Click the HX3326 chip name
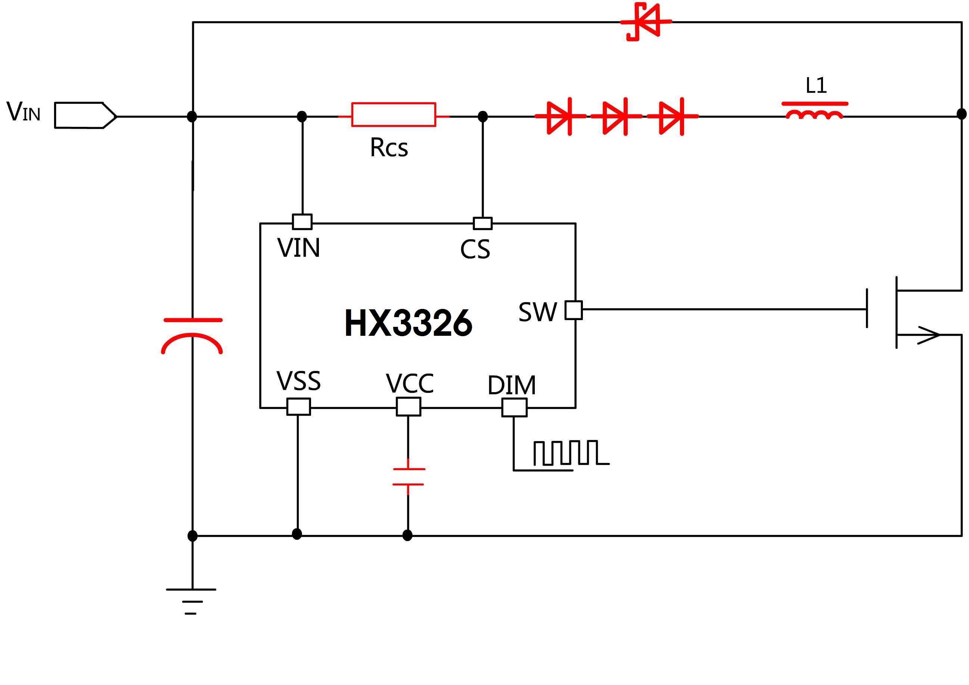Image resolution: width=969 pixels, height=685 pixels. (x=408, y=323)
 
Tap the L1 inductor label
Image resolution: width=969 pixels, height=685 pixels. (x=816, y=86)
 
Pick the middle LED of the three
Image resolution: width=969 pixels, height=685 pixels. (x=616, y=116)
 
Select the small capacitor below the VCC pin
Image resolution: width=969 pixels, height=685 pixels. (x=408, y=477)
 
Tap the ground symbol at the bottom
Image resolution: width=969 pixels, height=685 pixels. (x=191, y=601)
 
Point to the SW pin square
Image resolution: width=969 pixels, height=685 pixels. (x=574, y=310)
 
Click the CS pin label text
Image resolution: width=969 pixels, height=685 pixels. (x=475, y=249)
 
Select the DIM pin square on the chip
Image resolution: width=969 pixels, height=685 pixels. (x=514, y=407)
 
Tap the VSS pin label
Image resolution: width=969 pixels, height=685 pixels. (x=298, y=381)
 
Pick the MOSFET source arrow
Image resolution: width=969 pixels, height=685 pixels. (x=928, y=335)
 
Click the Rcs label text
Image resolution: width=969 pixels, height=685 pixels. (x=389, y=148)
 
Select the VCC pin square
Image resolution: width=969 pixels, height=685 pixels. (x=408, y=407)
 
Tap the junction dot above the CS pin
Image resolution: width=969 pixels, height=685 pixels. (x=482, y=116)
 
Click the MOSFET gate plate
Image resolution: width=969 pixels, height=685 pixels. (x=867, y=308)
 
